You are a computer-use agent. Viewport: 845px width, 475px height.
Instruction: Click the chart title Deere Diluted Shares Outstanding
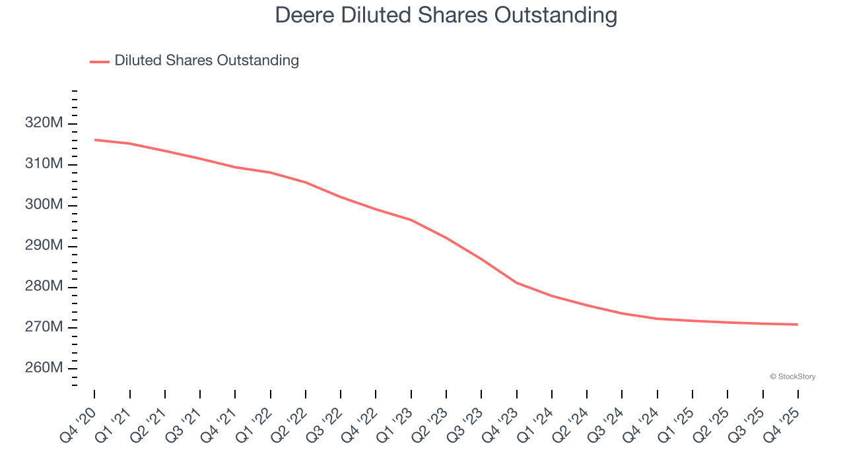click(446, 15)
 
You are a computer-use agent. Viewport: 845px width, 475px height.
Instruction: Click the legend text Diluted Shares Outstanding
click(207, 61)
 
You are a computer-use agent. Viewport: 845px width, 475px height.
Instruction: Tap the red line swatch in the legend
click(100, 61)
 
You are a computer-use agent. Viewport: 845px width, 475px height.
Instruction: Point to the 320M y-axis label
click(44, 123)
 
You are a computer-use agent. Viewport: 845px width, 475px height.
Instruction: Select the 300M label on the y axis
click(44, 205)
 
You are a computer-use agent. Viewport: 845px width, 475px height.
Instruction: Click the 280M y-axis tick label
click(44, 286)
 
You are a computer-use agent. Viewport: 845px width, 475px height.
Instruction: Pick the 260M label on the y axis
click(44, 367)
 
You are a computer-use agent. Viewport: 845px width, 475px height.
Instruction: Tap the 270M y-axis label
click(44, 327)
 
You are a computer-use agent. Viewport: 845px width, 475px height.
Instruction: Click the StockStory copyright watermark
click(792, 377)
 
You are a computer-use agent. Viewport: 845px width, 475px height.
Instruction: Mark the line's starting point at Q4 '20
click(94, 140)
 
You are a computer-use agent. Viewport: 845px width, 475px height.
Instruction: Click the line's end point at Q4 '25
click(798, 324)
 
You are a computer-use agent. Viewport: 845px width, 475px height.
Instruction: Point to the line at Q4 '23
click(517, 282)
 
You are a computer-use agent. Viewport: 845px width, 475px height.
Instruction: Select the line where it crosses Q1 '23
click(411, 220)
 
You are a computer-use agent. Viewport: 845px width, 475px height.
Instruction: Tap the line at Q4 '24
click(658, 319)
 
